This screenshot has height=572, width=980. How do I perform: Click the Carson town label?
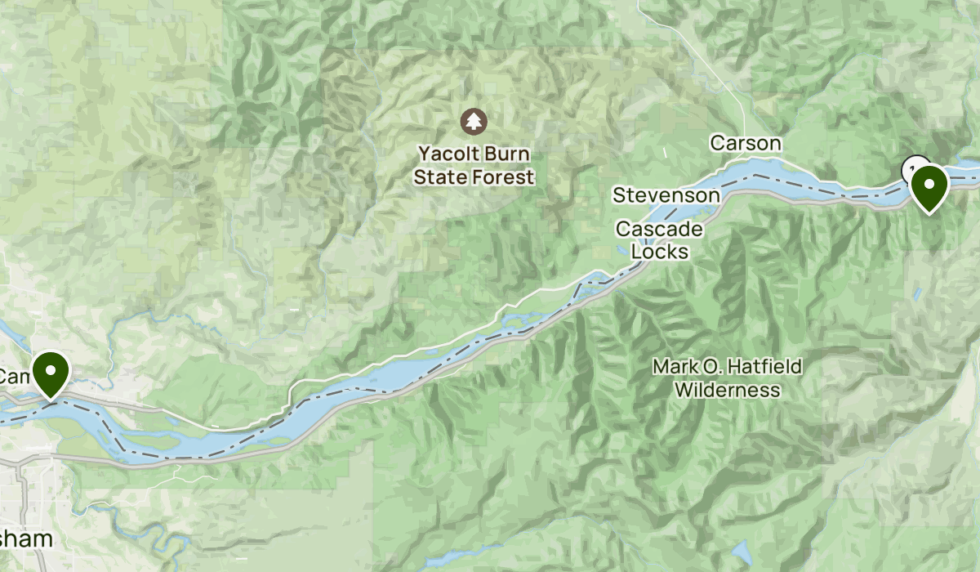coord(746,143)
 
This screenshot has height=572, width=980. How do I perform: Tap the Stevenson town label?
coord(666,195)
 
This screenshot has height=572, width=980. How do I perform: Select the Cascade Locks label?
coord(659,240)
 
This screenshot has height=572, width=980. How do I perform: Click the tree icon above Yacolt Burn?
coord(474,122)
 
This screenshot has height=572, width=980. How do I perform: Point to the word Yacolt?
coord(448,154)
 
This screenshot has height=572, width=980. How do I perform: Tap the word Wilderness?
coord(727,391)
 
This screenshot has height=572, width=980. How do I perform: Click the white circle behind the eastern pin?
coord(914,168)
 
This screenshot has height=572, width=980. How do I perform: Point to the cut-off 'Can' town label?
coord(13,377)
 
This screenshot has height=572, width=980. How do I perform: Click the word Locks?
coord(660,252)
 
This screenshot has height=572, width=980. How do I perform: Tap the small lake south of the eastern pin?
coord(918,292)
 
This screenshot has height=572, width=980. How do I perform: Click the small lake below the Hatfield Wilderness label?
coord(742,553)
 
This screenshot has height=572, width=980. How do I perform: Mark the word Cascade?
coord(659,229)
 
